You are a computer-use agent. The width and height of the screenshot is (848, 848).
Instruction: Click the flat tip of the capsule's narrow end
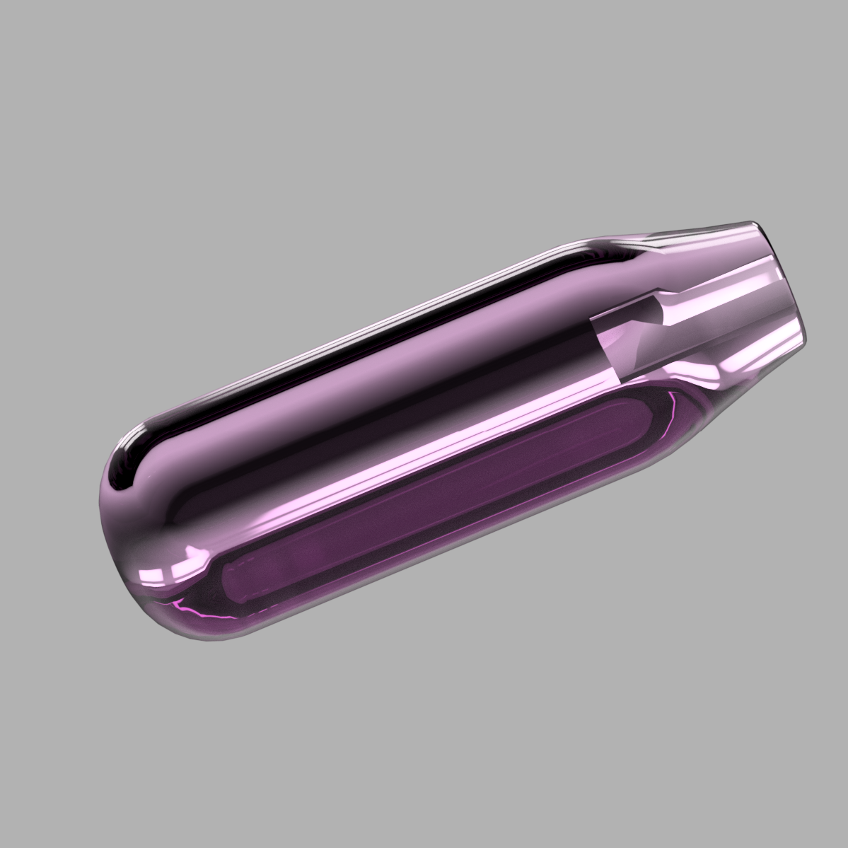click(x=784, y=283)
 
